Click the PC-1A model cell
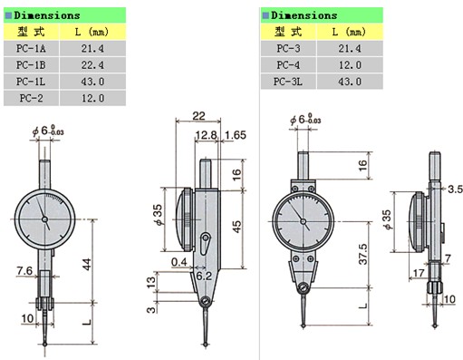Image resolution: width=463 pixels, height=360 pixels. coord(31,48)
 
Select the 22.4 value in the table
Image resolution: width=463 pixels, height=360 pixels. coord(92,65)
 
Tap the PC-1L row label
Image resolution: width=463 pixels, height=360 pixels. coord(31,82)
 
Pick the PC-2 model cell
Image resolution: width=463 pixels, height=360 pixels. coord(31,98)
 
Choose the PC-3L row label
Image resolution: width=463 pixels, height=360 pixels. coord(288,82)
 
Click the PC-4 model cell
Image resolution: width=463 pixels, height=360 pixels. coord(288,65)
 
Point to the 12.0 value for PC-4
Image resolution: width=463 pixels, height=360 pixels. coord(350,65)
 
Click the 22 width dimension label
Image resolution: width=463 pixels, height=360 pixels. coord(198,116)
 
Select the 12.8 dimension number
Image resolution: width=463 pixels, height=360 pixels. coord(206,135)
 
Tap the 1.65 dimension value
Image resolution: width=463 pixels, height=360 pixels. coord(236,135)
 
